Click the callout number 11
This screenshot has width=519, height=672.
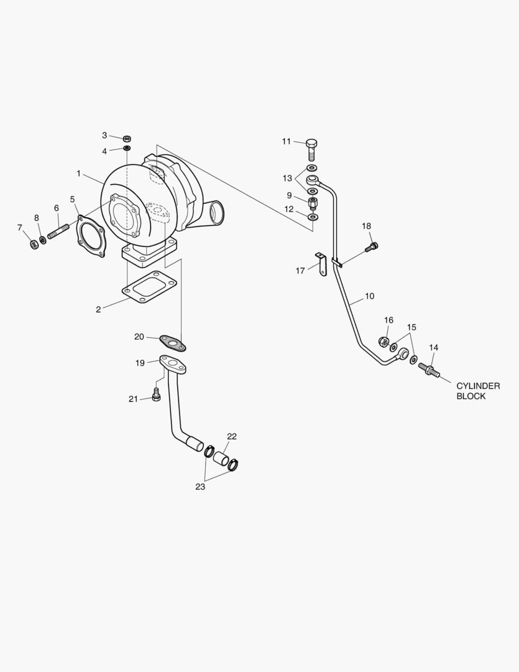[286, 142]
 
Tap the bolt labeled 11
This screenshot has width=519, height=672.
[311, 150]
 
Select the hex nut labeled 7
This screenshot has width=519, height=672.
[34, 243]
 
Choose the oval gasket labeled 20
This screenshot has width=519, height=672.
[173, 342]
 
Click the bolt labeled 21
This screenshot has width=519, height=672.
[156, 394]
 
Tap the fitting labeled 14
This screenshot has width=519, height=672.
[429, 370]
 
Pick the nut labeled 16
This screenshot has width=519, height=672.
[384, 341]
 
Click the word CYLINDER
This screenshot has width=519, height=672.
[478, 386]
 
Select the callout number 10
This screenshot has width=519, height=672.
[369, 296]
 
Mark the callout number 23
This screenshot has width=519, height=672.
[200, 487]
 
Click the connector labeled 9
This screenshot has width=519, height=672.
[312, 203]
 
